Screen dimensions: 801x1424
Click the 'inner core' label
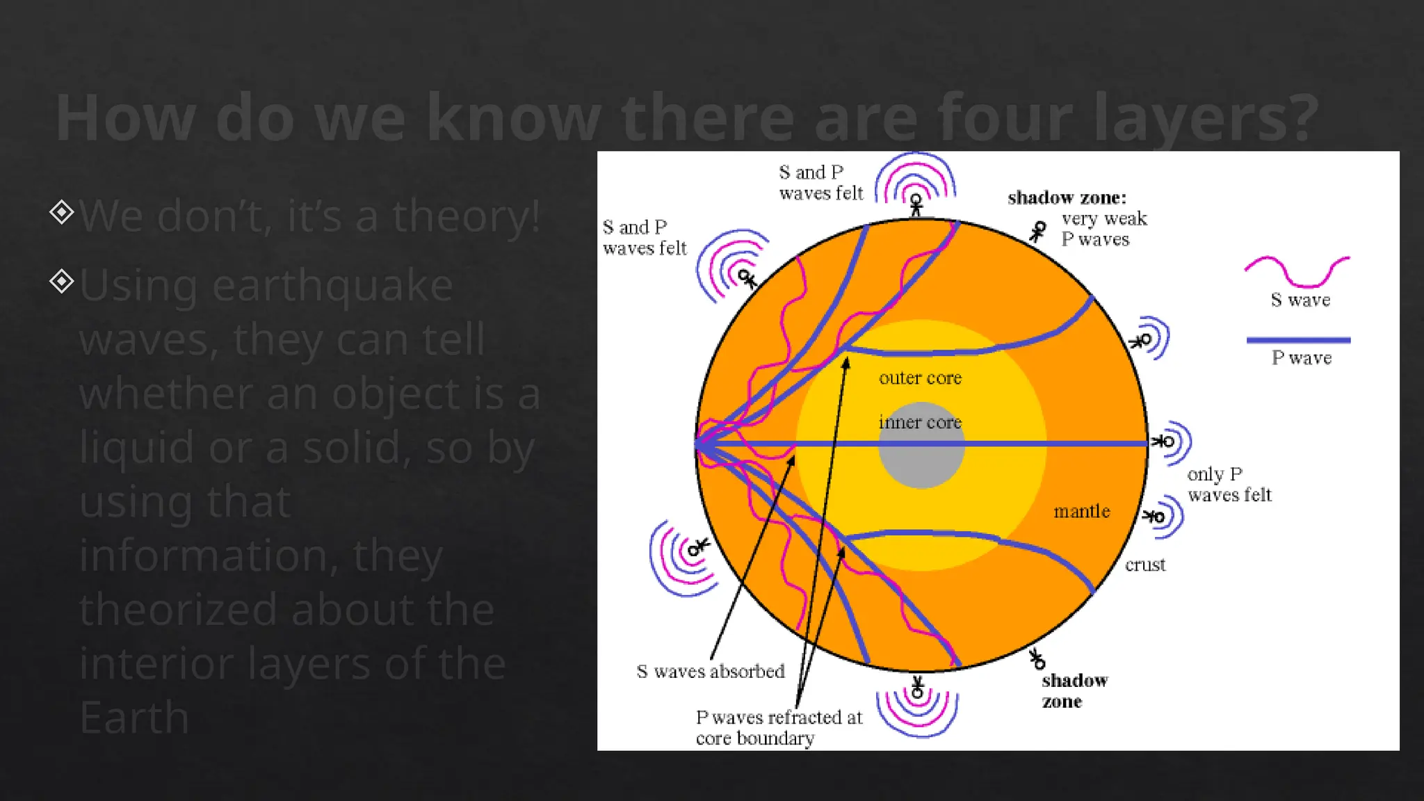pos(920,422)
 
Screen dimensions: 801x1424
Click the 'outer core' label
pos(920,378)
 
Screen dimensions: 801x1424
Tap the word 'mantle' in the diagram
pos(1081,511)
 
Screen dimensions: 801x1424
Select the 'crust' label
pos(1144,565)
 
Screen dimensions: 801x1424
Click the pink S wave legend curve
pos(1297,271)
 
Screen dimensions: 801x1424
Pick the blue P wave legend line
pos(1298,340)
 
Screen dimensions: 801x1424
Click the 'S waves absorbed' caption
pos(710,671)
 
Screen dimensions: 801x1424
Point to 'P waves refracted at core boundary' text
pos(778,727)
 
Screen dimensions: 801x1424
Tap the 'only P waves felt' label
pos(1229,485)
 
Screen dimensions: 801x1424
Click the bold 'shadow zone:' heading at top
pos(1067,197)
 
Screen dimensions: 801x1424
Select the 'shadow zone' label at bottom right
pos(1074,690)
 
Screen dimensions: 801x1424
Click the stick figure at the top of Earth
pos(916,205)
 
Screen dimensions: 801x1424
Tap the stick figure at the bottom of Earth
pos(917,688)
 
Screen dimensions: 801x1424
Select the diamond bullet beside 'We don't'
pos(62,212)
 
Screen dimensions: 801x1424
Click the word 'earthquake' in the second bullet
pos(332,285)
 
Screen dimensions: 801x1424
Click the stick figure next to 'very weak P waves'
pos(1037,232)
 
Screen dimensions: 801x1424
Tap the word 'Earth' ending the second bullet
pos(134,718)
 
